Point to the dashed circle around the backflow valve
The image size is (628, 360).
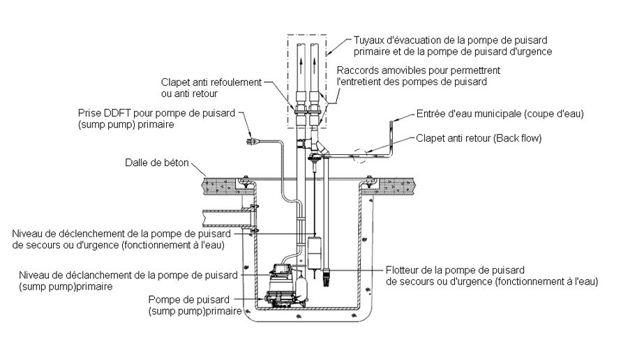coord(361,156)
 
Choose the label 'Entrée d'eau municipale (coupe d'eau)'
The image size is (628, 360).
coord(500,114)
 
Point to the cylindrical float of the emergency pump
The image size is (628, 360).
coord(314,250)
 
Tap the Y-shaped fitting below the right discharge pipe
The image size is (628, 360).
coord(319,147)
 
